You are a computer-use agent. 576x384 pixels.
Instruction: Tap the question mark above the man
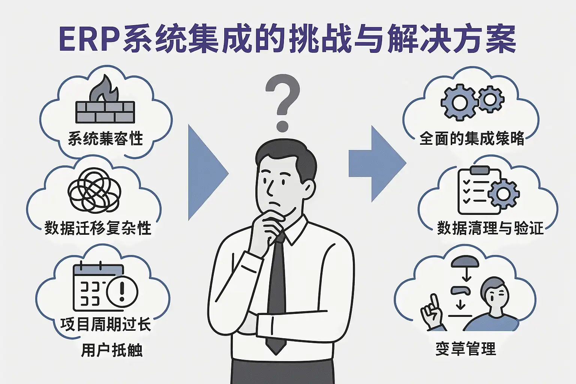click(282, 101)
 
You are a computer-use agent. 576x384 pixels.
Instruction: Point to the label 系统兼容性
click(105, 138)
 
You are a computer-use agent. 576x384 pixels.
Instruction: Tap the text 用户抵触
click(112, 350)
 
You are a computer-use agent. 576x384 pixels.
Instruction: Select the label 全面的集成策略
click(471, 138)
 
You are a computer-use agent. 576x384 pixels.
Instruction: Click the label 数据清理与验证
click(490, 228)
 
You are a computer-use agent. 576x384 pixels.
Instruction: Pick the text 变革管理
click(465, 349)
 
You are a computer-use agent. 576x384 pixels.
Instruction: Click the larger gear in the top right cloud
click(459, 102)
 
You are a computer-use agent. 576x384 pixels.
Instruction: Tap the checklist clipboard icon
click(479, 190)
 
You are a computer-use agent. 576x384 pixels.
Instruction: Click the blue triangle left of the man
click(206, 172)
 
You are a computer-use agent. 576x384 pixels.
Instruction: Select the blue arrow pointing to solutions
click(377, 163)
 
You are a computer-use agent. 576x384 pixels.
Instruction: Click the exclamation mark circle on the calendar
click(122, 291)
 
